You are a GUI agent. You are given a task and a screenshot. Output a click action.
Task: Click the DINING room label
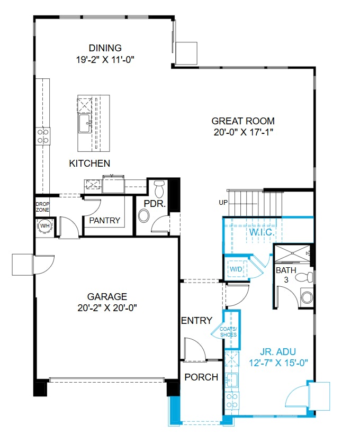pyautogui.click(x=105, y=48)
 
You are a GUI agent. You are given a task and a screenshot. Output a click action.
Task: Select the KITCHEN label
pyautogui.click(x=89, y=164)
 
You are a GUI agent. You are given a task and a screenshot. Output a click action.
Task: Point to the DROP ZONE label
pyautogui.click(x=42, y=206)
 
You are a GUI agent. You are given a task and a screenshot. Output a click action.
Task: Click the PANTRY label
pyautogui.click(x=104, y=220)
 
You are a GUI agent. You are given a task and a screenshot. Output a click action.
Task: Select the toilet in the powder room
pyautogui.click(x=159, y=188)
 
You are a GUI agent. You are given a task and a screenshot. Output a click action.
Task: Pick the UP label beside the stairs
pyautogui.click(x=223, y=203)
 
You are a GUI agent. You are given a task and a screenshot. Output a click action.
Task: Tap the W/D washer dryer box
pyautogui.click(x=235, y=268)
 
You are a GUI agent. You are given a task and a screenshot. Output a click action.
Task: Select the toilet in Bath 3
pyautogui.click(x=303, y=277)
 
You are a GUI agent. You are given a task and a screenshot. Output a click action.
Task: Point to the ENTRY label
pyautogui.click(x=196, y=321)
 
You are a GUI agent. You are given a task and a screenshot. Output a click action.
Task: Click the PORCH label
pyautogui.click(x=201, y=377)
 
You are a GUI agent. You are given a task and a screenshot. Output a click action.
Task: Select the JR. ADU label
pyautogui.click(x=278, y=351)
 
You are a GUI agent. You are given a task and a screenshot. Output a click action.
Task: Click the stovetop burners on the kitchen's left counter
pyautogui.click(x=43, y=136)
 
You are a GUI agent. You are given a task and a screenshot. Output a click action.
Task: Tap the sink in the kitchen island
pyautogui.click(x=85, y=125)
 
